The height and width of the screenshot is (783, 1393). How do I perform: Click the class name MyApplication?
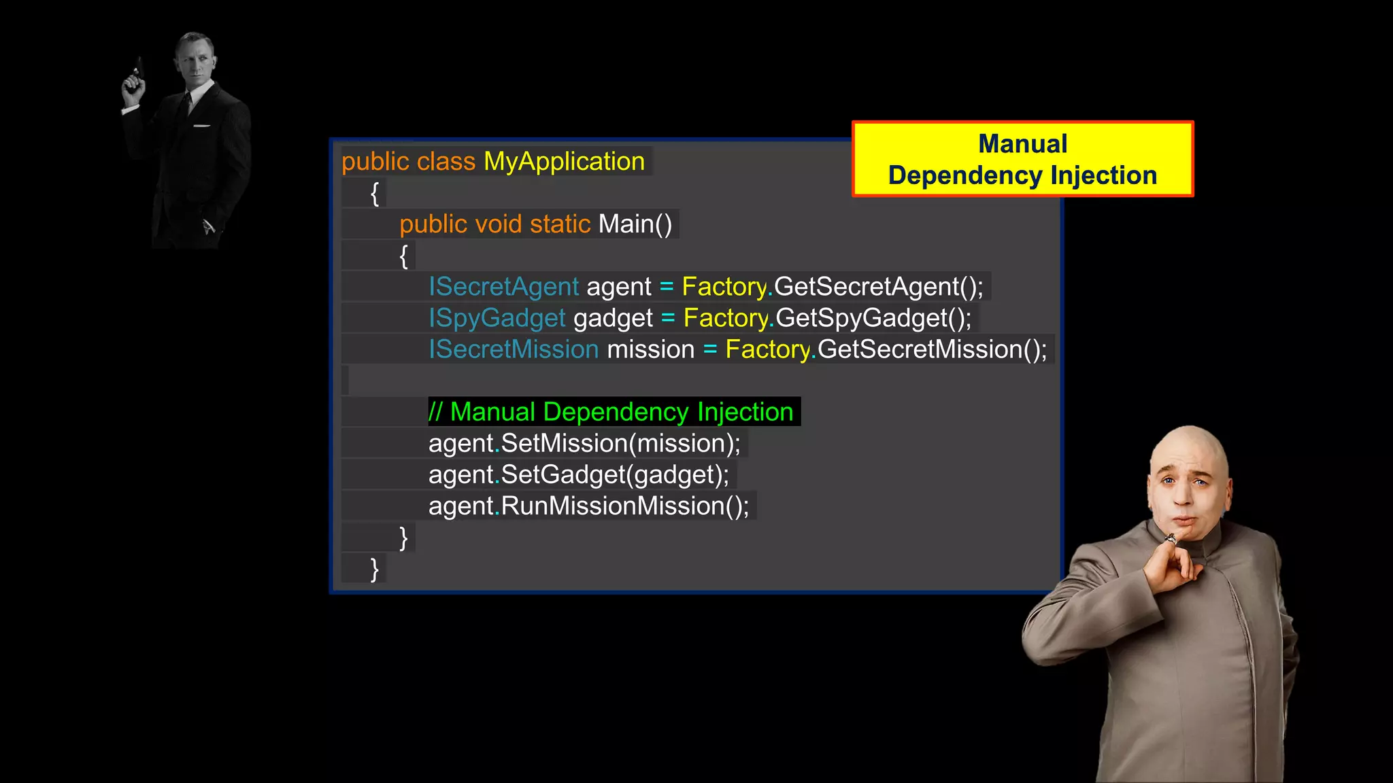tap(564, 162)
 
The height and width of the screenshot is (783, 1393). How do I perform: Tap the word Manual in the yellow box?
tap(1022, 144)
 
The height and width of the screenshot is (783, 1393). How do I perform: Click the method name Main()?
tap(635, 224)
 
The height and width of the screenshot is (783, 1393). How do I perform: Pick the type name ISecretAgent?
tap(503, 287)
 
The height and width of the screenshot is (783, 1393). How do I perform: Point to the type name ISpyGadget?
tap(497, 318)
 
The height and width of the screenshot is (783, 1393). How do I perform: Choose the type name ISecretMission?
tap(514, 349)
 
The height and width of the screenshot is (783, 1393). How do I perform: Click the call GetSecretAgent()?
tap(878, 287)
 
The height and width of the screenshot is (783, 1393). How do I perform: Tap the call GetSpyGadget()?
tap(873, 318)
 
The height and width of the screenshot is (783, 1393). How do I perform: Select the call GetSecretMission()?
tap(932, 349)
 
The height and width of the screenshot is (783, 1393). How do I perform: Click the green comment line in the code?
tap(611, 412)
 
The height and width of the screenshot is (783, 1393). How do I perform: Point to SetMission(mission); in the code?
tap(620, 443)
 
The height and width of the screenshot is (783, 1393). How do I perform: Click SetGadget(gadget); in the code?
tap(615, 474)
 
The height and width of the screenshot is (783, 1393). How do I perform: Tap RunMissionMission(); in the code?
tap(624, 506)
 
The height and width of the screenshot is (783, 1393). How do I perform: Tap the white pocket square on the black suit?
tap(202, 126)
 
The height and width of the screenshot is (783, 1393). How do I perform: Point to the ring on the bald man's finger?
tap(1170, 540)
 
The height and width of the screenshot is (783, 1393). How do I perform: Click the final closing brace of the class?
tap(374, 568)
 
